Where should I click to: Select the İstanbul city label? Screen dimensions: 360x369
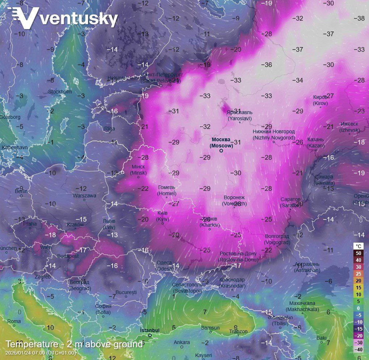(x=150, y=330)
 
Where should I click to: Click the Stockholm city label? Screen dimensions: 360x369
(x=60, y=92)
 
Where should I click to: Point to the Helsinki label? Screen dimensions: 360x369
(x=116, y=78)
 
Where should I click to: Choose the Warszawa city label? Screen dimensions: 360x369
(x=84, y=196)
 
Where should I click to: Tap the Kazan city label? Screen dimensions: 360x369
(x=316, y=142)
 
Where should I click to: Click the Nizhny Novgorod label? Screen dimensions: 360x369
(x=274, y=134)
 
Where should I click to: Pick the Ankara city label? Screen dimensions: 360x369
(x=181, y=342)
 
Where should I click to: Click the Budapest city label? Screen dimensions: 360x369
(x=68, y=256)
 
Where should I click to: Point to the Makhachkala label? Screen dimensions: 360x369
(x=302, y=306)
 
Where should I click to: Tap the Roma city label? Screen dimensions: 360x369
(x=14, y=321)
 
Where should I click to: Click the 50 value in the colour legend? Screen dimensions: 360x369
(x=358, y=253)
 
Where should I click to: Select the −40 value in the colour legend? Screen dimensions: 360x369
(x=358, y=349)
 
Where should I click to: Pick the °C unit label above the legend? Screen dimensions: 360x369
(x=358, y=246)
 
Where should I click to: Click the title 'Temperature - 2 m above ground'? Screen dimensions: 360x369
(x=74, y=344)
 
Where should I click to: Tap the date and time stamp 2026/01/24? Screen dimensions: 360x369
(x=41, y=353)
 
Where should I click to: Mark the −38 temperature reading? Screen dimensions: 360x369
(x=359, y=18)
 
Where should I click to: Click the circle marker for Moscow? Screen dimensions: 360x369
(x=221, y=151)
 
